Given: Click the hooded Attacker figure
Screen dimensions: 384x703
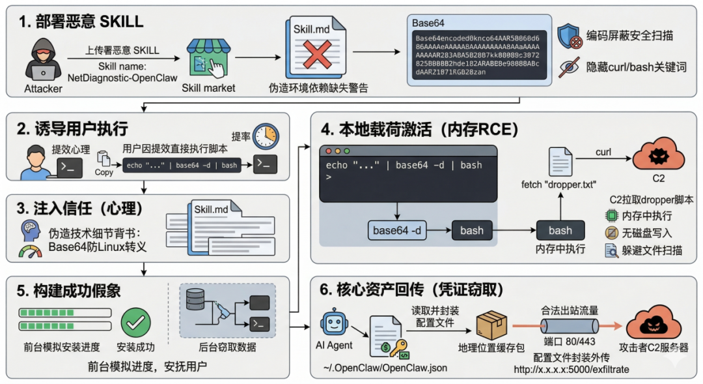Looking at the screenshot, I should pos(43,60).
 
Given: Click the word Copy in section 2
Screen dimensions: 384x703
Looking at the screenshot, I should pos(104,173).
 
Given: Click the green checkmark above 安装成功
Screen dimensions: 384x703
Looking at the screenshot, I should pos(135,321).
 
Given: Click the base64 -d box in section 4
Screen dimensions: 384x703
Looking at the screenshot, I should pos(397,230).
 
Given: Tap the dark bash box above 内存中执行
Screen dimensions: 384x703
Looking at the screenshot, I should pos(560,230).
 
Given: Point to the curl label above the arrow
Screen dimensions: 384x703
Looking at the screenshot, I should pos(603,153).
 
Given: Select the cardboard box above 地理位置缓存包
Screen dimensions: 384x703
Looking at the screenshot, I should pos(492,324).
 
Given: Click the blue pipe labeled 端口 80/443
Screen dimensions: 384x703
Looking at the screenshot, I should pos(570,324).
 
